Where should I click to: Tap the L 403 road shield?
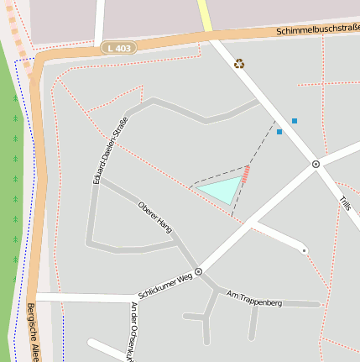pos(119,48)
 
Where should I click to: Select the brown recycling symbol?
pos(239,62)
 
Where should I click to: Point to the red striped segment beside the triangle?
pos(246,175)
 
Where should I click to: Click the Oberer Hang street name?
pos(155,217)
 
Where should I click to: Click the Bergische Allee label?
pos(33,333)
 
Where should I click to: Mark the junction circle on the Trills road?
pos(316,164)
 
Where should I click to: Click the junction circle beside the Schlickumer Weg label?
pos(199,271)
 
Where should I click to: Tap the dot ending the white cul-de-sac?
pos(304,250)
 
